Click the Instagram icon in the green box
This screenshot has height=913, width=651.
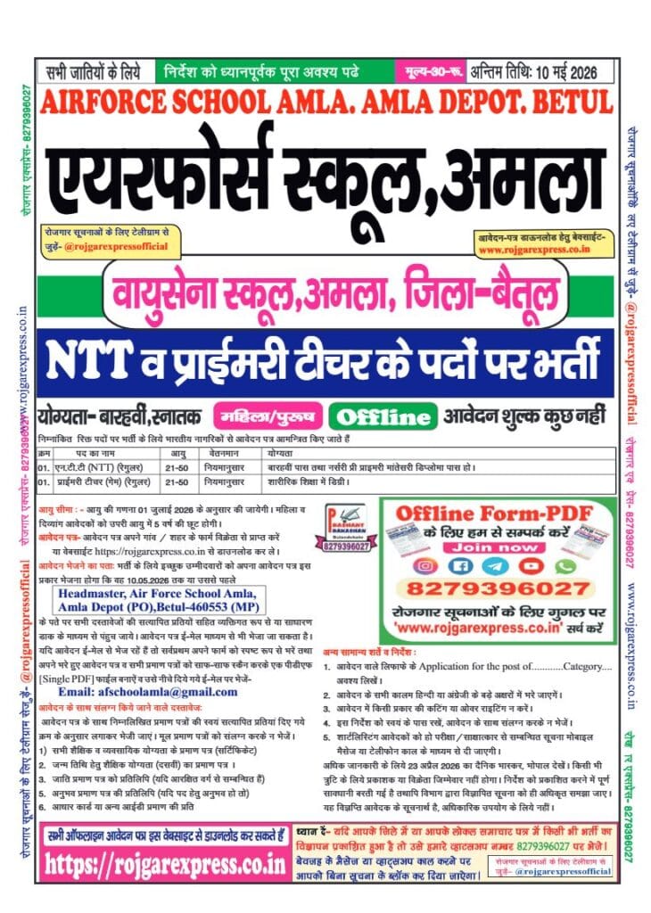coord(427,565)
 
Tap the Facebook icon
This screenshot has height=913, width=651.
coord(461,565)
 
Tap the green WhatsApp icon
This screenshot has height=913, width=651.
coord(563,565)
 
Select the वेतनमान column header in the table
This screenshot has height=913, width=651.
coord(222,454)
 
